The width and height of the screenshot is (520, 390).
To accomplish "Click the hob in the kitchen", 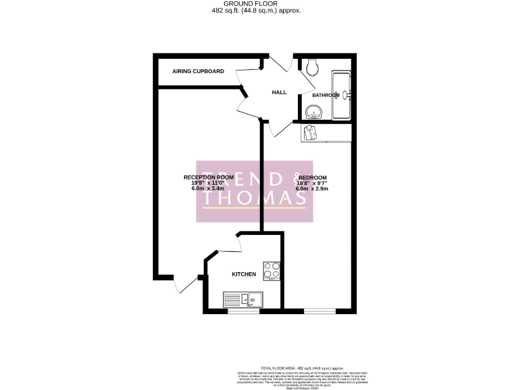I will click(272, 271).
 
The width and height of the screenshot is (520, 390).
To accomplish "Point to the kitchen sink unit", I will click(242, 299).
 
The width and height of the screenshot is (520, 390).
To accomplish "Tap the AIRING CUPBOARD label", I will click(198, 71).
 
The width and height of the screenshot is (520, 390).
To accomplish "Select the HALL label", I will click(279, 92).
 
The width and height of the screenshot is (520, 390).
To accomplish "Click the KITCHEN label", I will click(244, 274).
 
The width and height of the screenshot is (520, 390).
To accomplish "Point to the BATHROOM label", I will click(325, 95).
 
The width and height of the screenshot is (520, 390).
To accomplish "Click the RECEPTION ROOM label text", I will click(209, 177).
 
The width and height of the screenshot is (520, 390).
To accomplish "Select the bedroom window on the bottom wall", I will click(318, 312).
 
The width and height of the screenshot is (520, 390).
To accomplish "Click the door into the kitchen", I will click(226, 246).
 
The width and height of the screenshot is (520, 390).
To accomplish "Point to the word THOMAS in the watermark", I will click(255, 198).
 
